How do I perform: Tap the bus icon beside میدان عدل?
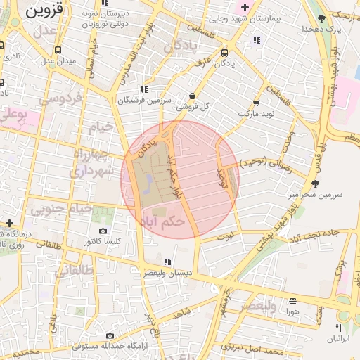click(57, 51)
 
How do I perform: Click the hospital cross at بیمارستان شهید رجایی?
click(244, 7)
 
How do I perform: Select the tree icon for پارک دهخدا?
click(322, 18)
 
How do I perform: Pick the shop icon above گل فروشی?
click(193, 96)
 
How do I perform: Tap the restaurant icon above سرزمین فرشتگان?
click(143, 89)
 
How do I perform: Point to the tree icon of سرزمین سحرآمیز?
click(314, 184)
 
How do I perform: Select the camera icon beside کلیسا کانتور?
click(103, 231)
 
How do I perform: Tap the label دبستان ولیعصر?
click(164, 271)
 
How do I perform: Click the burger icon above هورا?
click(292, 300)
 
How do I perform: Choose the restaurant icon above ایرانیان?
click(338, 328)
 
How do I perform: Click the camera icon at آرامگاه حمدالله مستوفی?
click(109, 337)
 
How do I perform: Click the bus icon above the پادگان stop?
click(224, 53)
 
